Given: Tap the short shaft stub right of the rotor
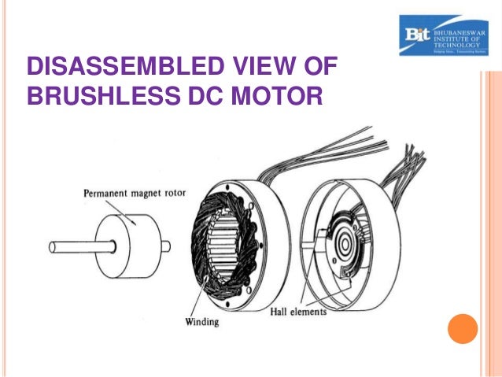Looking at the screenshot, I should click(165, 244).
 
